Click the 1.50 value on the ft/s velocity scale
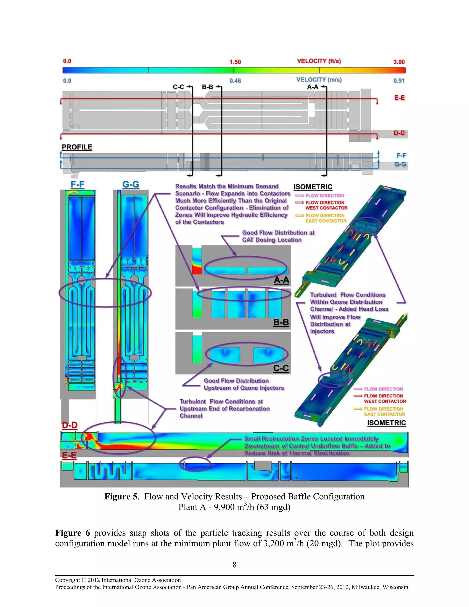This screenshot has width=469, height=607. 235,62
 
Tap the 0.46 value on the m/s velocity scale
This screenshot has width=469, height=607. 235,81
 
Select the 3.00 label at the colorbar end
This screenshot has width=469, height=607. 399,62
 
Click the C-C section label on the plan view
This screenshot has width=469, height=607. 179,87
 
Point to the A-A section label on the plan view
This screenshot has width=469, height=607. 313,87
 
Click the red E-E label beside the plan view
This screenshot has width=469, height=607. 399,98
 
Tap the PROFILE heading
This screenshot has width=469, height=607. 77,147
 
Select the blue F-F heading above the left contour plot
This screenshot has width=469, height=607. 78,184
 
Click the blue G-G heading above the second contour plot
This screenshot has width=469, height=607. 131,184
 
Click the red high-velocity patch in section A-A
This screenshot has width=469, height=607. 197,270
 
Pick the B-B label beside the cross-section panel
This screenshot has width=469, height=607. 281,323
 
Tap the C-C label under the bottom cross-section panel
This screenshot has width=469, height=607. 281,368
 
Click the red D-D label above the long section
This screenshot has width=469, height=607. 69,425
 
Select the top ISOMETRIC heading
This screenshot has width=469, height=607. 313,187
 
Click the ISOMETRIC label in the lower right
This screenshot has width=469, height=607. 387,423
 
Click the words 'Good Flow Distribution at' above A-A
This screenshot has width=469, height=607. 278,233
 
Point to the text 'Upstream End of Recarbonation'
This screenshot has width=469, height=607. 224,409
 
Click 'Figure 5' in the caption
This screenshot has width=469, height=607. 121,496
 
